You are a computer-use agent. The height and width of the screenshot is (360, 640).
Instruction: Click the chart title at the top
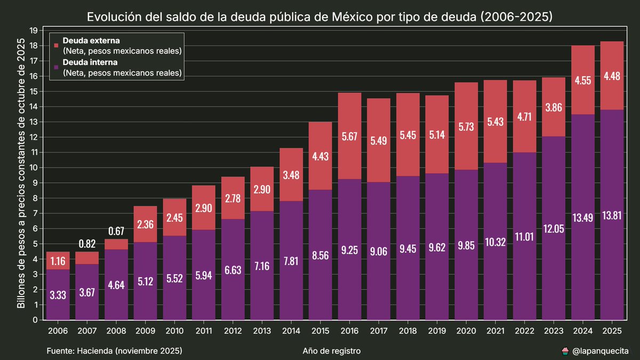pos(319,17)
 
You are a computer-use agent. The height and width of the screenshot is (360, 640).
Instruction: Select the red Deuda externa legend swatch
pos(56,46)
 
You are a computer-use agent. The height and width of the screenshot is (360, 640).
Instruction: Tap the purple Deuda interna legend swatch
pos(56,67)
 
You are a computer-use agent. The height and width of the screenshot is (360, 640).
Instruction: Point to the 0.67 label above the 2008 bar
pos(116,231)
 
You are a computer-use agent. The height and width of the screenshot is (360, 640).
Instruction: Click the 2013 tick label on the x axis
pos(262,331)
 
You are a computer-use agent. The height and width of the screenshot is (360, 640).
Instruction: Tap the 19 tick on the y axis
pos(34,30)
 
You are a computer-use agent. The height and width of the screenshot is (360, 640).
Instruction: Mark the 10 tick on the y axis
pos(34,168)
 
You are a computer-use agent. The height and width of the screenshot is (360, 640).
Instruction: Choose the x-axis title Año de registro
pos(331,350)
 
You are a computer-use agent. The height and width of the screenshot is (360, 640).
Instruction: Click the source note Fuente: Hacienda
pos(115,350)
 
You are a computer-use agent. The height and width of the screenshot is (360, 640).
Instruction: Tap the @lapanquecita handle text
pos(600,350)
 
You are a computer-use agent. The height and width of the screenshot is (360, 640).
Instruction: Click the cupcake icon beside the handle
pos(565,350)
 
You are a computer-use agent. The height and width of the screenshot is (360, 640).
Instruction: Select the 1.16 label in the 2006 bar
pos(58,262)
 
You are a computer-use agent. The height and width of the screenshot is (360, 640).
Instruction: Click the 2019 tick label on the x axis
pos(437,331)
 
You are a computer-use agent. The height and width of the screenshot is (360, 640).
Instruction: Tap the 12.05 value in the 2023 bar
pos(554,228)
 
